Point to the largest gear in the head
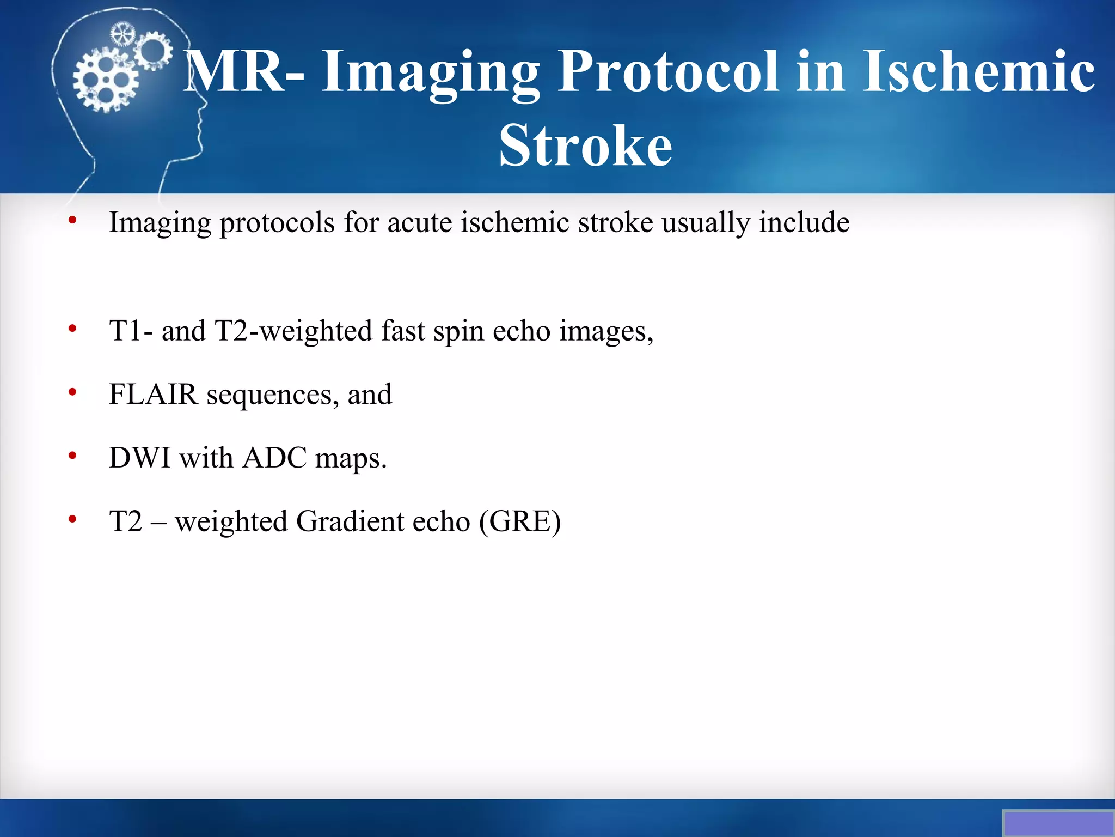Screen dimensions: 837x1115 (x=106, y=80)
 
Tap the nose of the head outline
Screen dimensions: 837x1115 (x=204, y=104)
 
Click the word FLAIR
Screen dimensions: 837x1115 (x=153, y=395)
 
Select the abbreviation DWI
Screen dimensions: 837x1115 (x=140, y=458)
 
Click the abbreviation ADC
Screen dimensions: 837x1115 (x=274, y=458)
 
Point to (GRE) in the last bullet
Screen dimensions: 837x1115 (x=520, y=521)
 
